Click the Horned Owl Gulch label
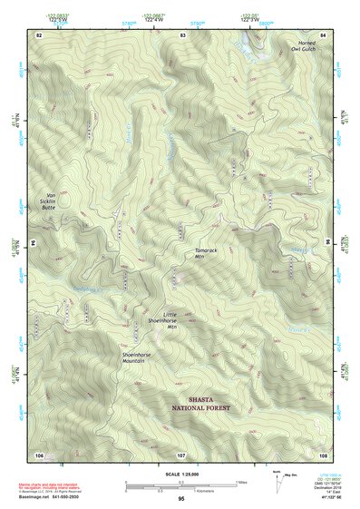point(306,47)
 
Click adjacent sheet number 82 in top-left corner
point(39,34)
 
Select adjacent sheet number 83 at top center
point(182,34)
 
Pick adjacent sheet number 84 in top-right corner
point(324,34)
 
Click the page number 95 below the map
point(181,499)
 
